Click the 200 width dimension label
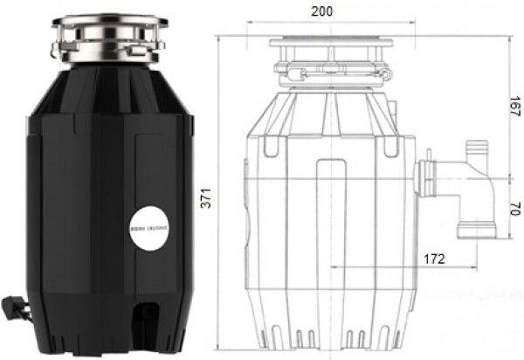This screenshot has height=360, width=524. coord(325,11)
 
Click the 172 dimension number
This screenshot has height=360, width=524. coord(433,259)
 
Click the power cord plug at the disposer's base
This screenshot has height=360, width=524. coord(14,306)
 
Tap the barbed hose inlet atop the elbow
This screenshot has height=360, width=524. coord(477,149)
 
